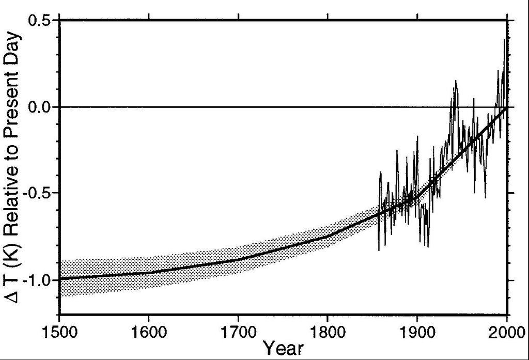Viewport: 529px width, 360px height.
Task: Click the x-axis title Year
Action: pos(283,349)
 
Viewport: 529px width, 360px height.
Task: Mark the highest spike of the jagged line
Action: pos(504,40)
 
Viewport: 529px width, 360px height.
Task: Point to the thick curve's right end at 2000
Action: pos(507,107)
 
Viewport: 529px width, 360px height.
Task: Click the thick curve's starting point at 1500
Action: pos(60,279)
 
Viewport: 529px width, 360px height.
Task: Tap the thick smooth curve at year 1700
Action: pos(238,260)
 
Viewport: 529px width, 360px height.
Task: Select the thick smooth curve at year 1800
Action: pos(328,236)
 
